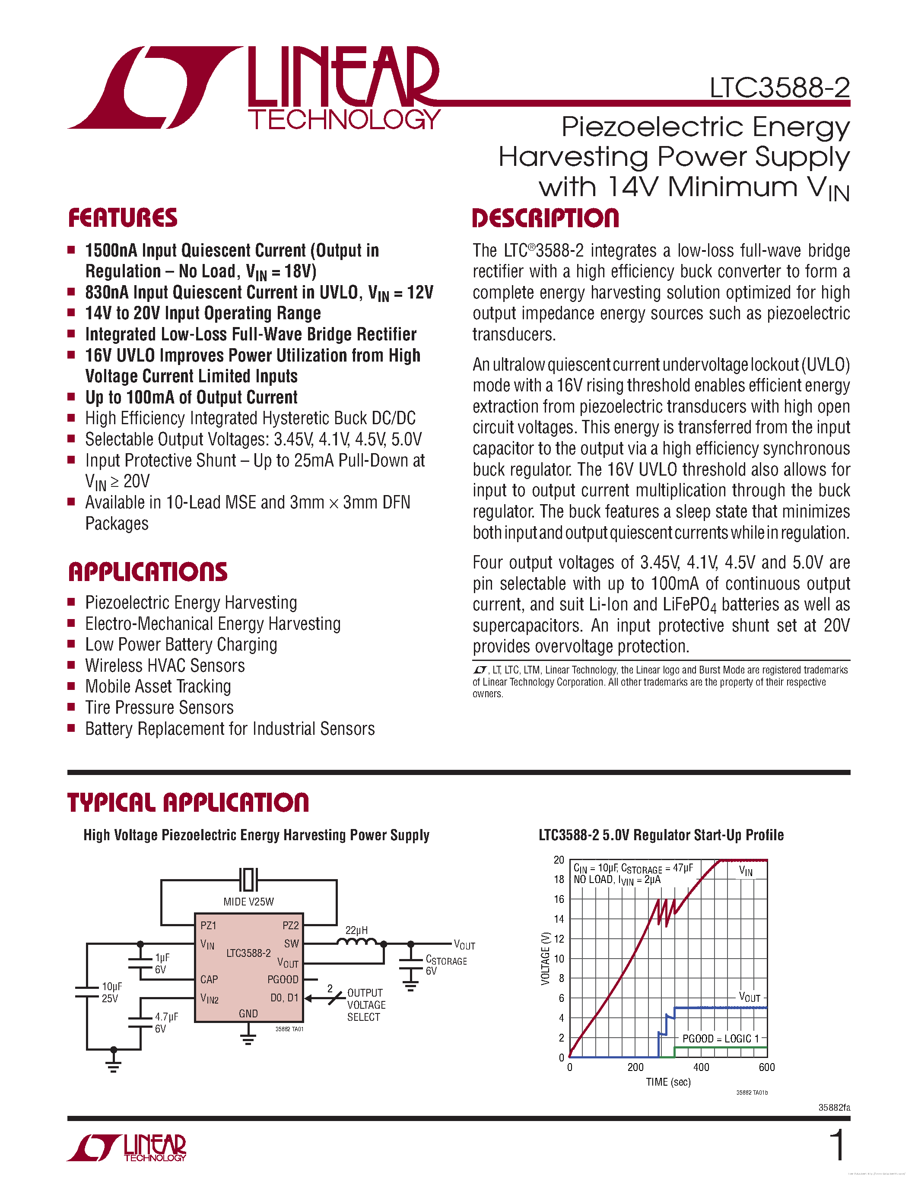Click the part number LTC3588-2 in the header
click(x=779, y=88)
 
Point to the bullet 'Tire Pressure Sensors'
click(x=159, y=708)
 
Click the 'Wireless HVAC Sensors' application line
click(x=165, y=666)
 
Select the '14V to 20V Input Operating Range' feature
click(x=203, y=313)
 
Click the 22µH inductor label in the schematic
click(x=356, y=930)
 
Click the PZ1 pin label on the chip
click(x=208, y=925)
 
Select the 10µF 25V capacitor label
click(x=111, y=992)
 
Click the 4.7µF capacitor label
click(x=166, y=1016)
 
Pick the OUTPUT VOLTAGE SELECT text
click(x=366, y=1005)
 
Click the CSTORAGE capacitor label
click(x=445, y=961)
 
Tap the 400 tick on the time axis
click(x=701, y=1067)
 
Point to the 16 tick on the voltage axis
click(x=559, y=899)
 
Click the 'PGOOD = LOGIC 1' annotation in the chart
click(x=720, y=1039)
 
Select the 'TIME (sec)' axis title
click(x=668, y=1082)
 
